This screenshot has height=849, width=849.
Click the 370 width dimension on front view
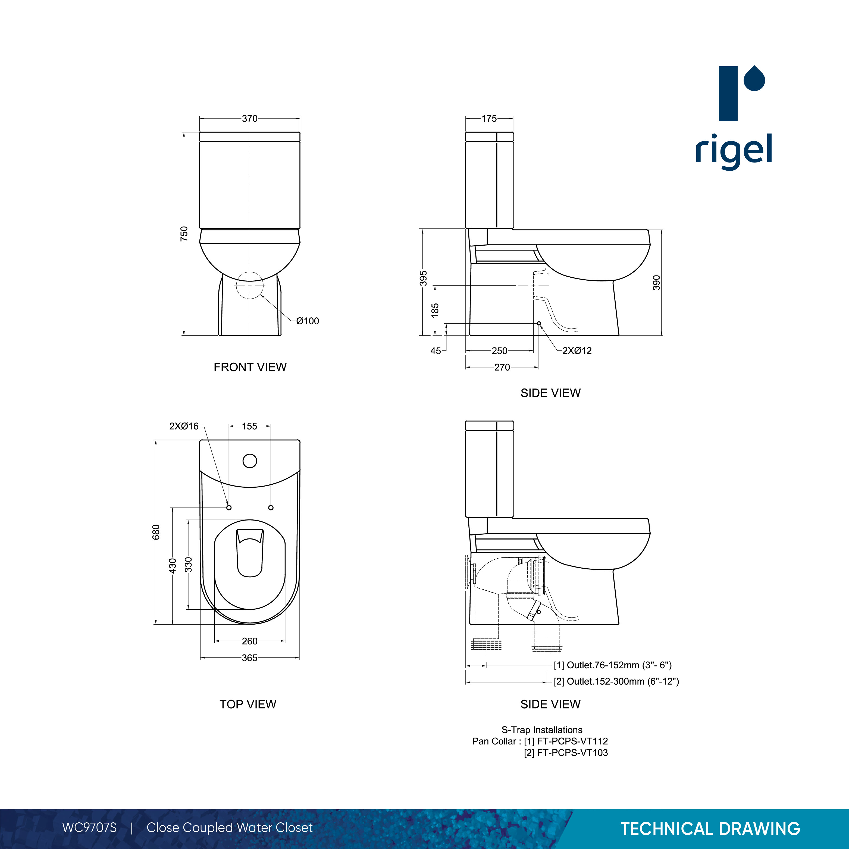(x=250, y=119)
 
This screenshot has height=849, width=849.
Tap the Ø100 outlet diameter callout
(x=308, y=321)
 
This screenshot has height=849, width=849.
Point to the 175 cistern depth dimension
(x=489, y=119)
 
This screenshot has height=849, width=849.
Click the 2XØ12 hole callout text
(x=577, y=351)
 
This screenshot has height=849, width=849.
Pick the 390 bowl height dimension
(x=656, y=283)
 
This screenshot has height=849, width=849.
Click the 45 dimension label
(x=436, y=351)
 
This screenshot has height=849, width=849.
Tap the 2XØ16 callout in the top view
(x=184, y=426)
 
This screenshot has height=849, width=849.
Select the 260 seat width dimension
(x=250, y=641)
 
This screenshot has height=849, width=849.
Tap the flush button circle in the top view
(x=250, y=461)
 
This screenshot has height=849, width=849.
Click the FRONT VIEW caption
(x=250, y=367)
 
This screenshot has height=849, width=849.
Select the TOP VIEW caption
(x=248, y=704)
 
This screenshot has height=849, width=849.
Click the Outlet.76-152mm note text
(x=613, y=665)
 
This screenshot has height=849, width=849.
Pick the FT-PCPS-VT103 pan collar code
(x=572, y=753)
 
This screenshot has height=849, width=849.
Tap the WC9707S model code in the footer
(x=90, y=828)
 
